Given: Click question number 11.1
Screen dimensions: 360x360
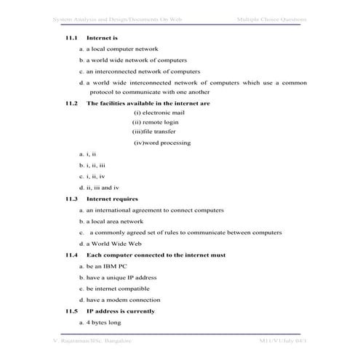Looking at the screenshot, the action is (x=71, y=36).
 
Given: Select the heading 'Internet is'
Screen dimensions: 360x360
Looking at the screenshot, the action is (x=102, y=36).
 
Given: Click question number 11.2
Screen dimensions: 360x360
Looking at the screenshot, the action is (x=71, y=103).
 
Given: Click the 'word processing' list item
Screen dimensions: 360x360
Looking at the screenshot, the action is (x=162, y=143).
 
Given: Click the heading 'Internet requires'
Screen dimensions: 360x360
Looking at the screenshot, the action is (x=112, y=199).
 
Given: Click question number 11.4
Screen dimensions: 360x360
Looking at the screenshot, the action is (x=71, y=255).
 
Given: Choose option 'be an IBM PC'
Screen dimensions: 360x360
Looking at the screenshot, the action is (x=101, y=266).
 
